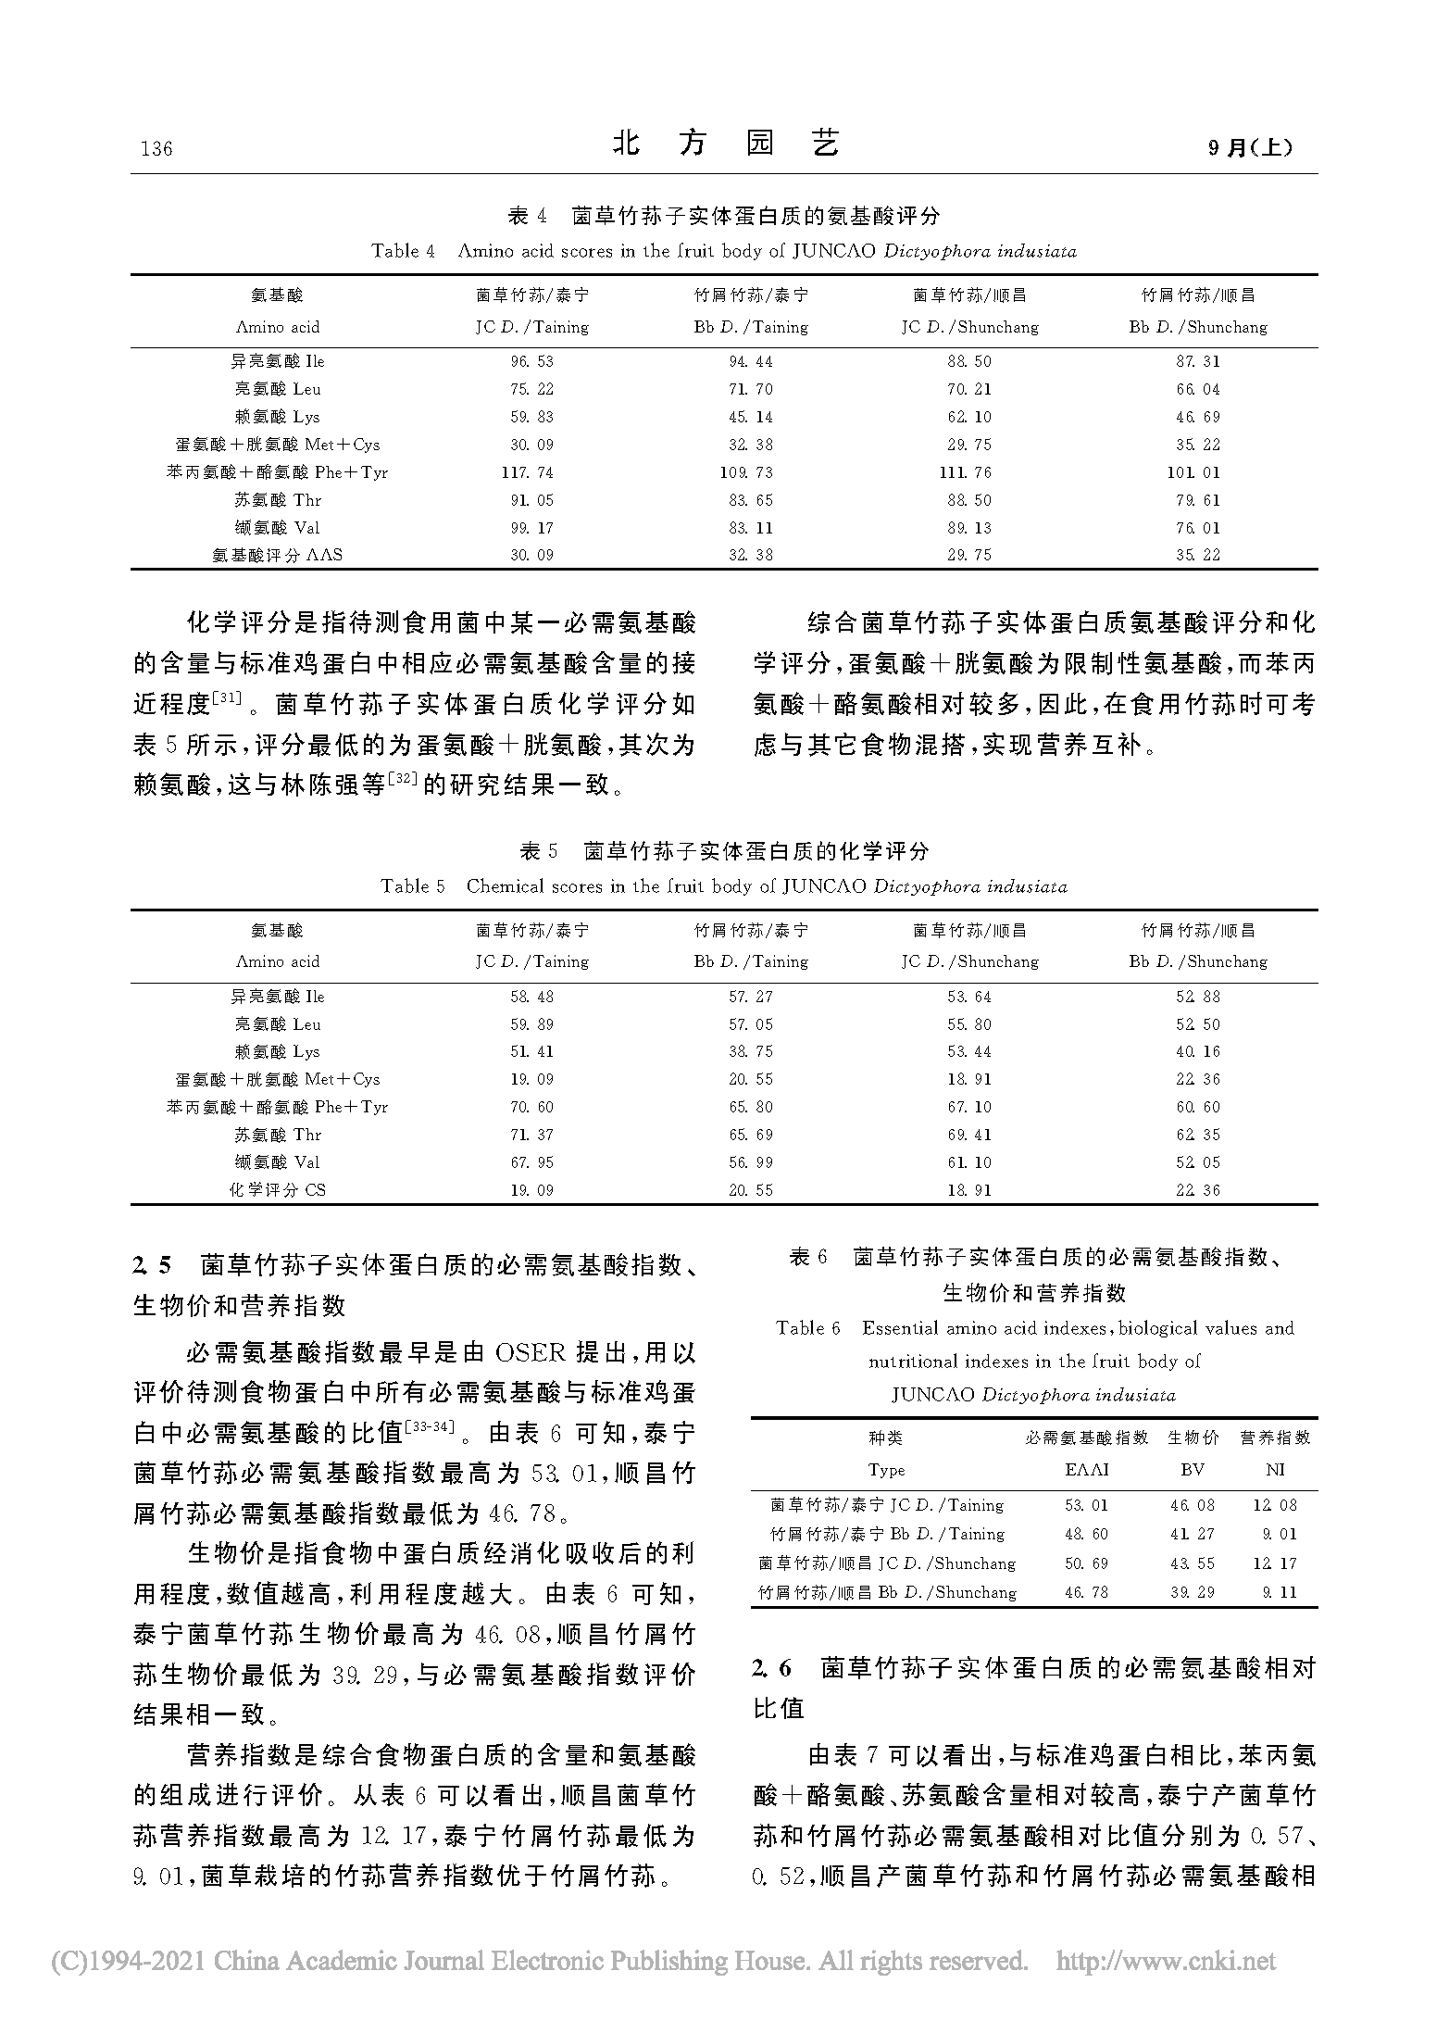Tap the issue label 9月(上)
[1251, 147]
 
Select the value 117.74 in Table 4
[527, 472]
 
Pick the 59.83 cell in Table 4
[531, 417]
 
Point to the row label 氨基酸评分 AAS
[277, 555]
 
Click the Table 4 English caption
[724, 251]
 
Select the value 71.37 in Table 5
[531, 1135]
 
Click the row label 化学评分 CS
[277, 1189]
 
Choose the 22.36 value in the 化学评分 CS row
[1198, 1189]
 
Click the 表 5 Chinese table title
[724, 850]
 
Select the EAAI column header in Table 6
[1086, 1469]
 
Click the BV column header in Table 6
[1193, 1469]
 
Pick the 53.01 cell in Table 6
[1086, 1505]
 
